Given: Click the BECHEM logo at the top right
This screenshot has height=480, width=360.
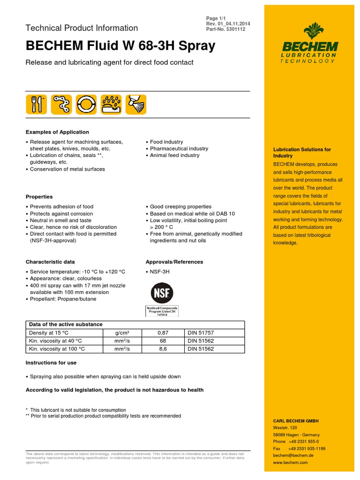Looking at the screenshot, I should (x=309, y=44).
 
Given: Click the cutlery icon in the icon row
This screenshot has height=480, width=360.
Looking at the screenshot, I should (x=37, y=104).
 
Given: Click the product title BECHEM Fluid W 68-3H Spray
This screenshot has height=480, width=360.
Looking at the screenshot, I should (x=120, y=46).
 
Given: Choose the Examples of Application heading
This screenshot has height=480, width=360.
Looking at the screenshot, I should (x=57, y=132).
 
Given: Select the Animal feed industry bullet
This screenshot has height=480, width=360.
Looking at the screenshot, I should (x=174, y=155).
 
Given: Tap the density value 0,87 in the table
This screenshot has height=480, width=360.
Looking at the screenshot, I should (x=162, y=332).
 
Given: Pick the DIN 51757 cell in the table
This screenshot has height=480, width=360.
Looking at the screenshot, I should (x=201, y=332).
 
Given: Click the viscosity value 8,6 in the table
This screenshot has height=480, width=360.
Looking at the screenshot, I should (x=162, y=349).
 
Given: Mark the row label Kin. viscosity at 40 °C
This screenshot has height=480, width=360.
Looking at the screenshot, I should (x=57, y=341).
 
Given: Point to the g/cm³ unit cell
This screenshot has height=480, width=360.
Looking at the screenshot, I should (x=122, y=332).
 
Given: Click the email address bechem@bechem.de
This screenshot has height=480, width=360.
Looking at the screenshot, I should (x=293, y=455).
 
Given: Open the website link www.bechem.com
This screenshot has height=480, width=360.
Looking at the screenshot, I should (x=290, y=462).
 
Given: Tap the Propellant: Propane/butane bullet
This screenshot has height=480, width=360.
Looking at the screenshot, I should (x=63, y=299).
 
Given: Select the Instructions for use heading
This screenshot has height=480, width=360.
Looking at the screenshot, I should (x=51, y=363).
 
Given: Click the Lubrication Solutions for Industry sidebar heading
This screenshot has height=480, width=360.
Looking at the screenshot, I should (x=302, y=152).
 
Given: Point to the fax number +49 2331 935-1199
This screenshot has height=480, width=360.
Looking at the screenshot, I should (x=307, y=449).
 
